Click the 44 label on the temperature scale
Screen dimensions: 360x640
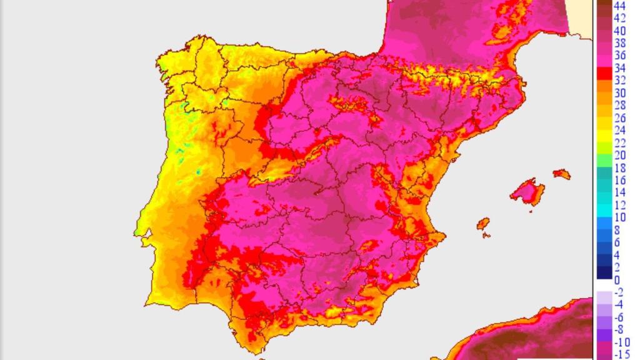tap(620, 6)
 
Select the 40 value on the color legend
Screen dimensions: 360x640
tap(620, 31)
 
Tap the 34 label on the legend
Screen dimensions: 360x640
tap(620, 68)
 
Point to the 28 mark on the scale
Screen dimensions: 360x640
tap(620, 106)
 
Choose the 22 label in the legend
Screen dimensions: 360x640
tap(620, 142)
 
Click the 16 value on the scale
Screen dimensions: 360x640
tap(620, 180)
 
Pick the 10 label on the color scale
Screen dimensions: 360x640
tap(620, 217)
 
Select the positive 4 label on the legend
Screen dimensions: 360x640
tap(617, 255)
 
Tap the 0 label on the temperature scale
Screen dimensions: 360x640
tap(617, 280)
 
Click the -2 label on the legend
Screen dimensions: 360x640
tap(619, 292)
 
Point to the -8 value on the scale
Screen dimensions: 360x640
tap(619, 330)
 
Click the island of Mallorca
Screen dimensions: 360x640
tap(526, 191)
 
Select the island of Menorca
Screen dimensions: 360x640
tap(562, 174)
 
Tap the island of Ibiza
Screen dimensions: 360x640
tap(482, 223)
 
